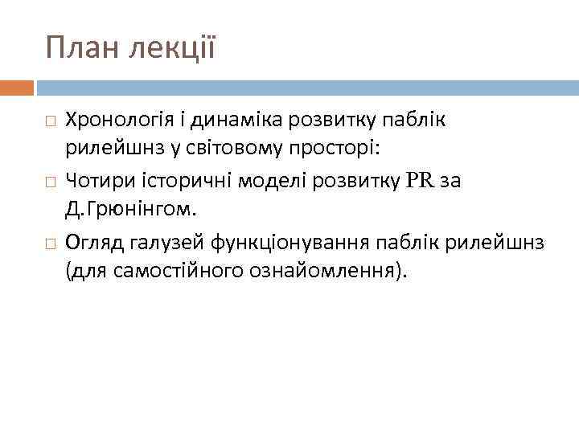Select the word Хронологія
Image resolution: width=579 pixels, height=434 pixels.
[x=113, y=120]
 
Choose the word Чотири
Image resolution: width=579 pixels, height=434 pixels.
[x=94, y=180]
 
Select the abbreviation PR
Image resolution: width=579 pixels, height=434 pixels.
[x=420, y=180]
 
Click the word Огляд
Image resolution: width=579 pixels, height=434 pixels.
[x=90, y=240]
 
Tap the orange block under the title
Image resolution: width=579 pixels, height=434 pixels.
[x=17, y=86]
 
